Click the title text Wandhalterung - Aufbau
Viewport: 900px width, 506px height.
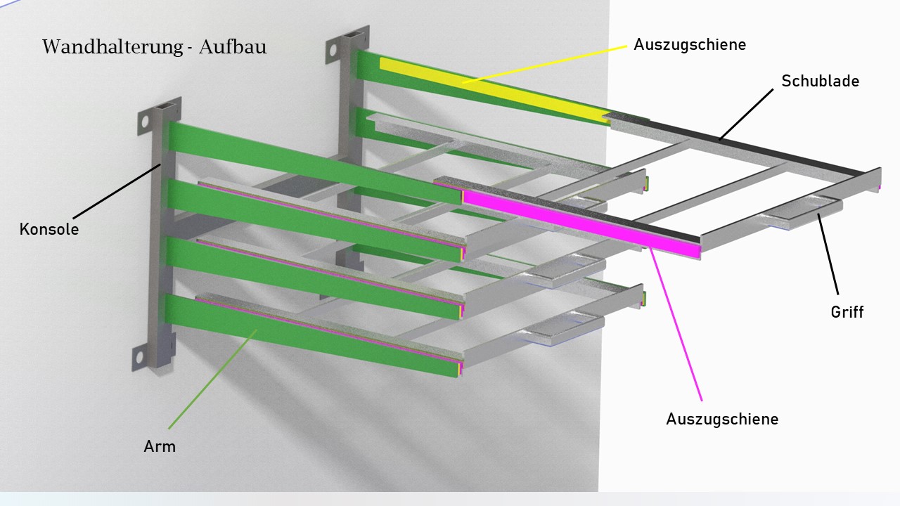[155, 47]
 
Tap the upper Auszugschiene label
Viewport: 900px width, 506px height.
[689, 44]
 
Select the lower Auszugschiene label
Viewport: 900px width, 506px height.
[722, 420]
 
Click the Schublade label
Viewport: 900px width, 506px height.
[820, 81]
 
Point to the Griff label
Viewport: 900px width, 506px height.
[847, 312]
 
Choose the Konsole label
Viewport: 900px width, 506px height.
[49, 229]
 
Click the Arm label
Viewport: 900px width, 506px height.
[160, 446]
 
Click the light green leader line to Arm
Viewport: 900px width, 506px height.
[211, 379]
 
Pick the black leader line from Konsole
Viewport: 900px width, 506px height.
[116, 190]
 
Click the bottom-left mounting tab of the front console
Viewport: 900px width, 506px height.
[138, 358]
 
